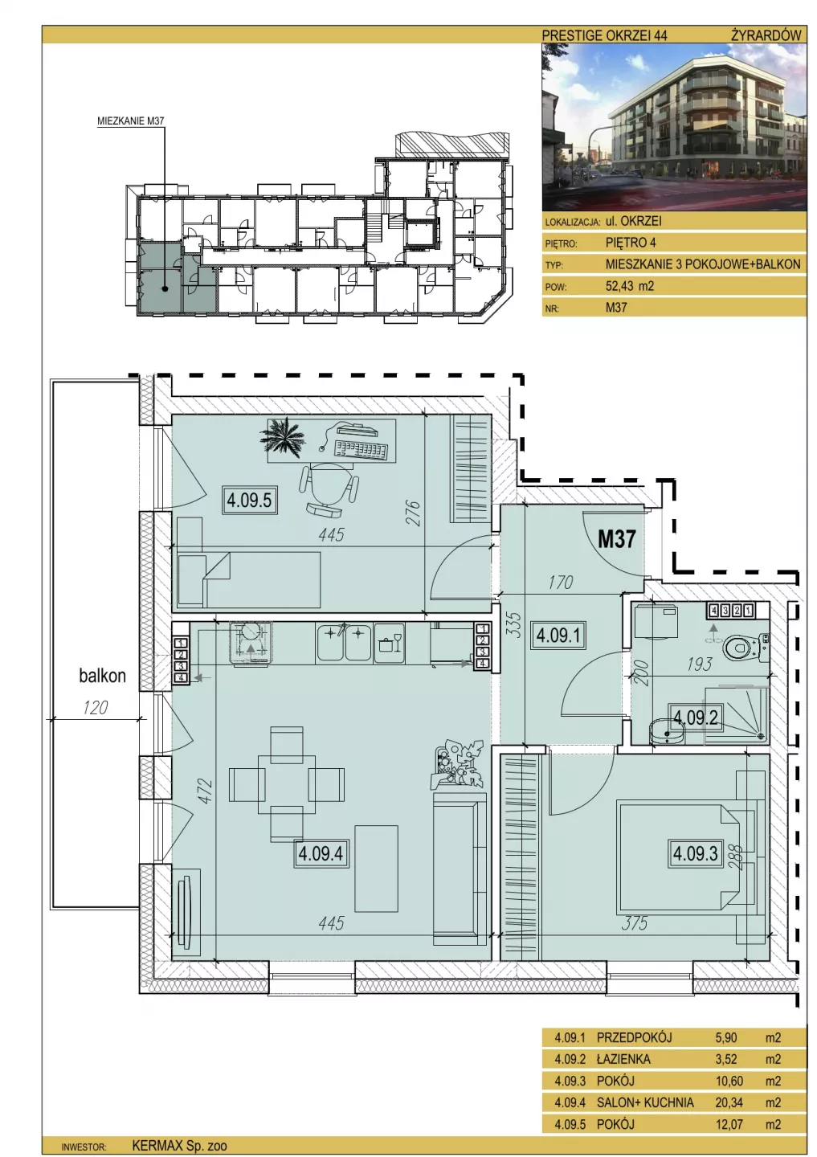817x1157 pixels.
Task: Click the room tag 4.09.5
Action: [249, 500]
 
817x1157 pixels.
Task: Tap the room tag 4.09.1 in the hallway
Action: [558, 634]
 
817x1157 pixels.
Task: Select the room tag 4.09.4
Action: [321, 853]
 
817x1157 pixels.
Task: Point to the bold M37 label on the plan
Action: [616, 539]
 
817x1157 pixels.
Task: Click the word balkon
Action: [102, 676]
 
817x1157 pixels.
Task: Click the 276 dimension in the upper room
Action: [414, 513]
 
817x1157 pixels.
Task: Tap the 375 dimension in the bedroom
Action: [634, 922]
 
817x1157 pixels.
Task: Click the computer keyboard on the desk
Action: [362, 448]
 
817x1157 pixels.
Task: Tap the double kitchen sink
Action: [344, 642]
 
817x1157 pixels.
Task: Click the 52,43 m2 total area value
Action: [630, 286]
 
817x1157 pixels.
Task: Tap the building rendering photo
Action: [673, 127]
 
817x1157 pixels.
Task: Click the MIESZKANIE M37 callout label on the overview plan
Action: [131, 121]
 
